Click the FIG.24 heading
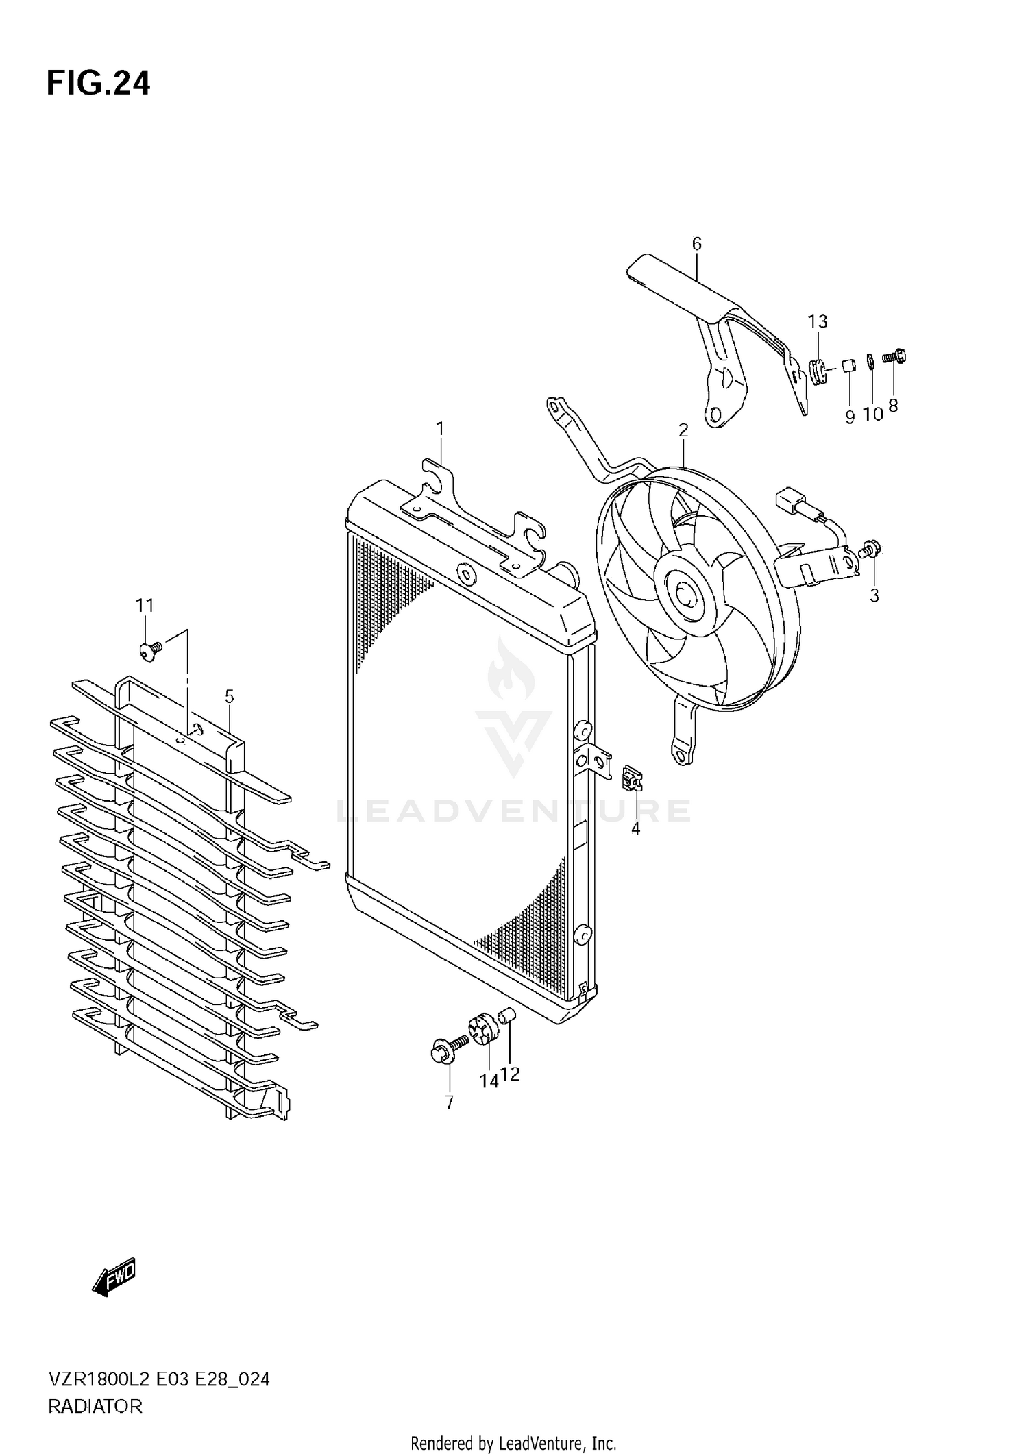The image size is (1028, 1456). [x=98, y=84]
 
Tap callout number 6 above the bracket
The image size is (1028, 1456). [x=696, y=244]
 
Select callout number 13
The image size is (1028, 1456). [x=817, y=321]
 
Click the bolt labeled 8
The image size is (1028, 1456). [x=894, y=357]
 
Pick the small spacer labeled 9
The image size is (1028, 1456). [x=848, y=364]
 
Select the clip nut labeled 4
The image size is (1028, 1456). [x=633, y=779]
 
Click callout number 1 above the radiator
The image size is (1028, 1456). [x=440, y=429]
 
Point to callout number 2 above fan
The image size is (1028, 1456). [x=683, y=430]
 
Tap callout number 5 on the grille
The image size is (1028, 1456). [x=229, y=697]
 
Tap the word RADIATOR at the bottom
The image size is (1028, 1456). [x=95, y=1406]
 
